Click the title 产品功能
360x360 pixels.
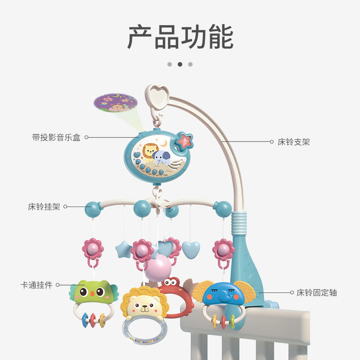click(180, 37)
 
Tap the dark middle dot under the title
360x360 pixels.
click(180, 64)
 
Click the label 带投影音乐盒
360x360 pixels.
click(56, 137)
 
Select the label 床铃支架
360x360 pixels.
click(293, 142)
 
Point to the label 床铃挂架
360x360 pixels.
click(44, 206)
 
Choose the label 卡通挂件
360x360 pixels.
click(36, 285)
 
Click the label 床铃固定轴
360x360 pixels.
click(316, 292)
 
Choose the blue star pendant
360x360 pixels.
click(123, 248)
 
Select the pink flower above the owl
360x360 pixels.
click(92, 248)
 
